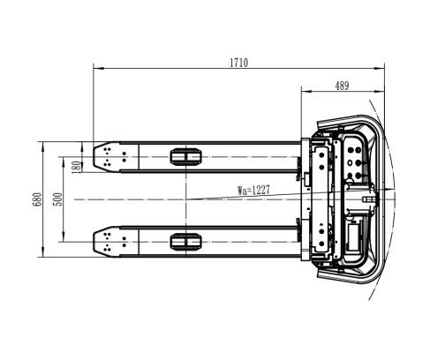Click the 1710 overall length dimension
click(x=238, y=63)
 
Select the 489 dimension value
click(x=342, y=86)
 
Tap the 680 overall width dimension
click(x=37, y=199)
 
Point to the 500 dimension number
click(x=58, y=199)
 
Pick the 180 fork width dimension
click(x=76, y=167)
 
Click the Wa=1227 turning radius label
click(x=253, y=190)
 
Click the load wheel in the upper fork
click(x=186, y=157)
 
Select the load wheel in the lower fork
click(x=186, y=242)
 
